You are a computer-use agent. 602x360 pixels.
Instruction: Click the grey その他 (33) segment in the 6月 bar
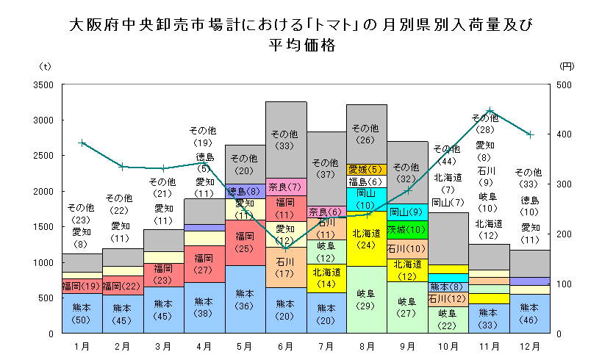(x=285, y=140)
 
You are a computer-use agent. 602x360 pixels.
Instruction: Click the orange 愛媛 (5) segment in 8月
(x=367, y=170)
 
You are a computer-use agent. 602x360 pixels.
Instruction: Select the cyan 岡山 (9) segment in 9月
(x=406, y=212)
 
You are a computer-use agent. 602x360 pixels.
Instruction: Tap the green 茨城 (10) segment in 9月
(x=406, y=230)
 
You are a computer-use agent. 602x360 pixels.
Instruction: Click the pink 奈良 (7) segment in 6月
(x=285, y=187)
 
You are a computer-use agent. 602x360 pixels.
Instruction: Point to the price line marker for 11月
(x=490, y=110)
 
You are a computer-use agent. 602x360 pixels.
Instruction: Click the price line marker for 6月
(x=285, y=248)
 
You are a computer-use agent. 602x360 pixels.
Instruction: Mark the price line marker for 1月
(x=82, y=143)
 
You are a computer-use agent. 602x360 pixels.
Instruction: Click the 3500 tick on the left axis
(x=43, y=84)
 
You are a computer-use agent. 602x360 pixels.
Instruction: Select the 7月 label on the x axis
(x=326, y=345)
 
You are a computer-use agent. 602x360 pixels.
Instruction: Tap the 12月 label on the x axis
(x=530, y=345)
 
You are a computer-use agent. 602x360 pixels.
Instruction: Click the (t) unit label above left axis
(x=45, y=66)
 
